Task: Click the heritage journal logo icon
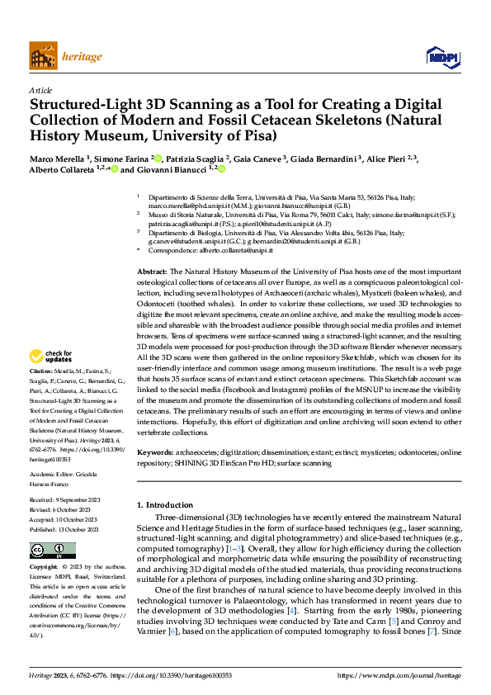pos(44,56)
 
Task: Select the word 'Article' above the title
pos(40,90)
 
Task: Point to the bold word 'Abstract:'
pos(153,272)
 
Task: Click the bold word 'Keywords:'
pos(156,453)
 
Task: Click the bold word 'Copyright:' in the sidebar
pos(44,568)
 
